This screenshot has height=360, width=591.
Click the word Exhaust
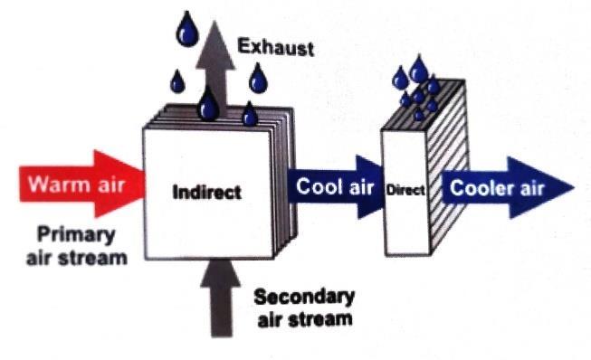tap(275, 47)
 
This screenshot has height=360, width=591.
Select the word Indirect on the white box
tap(206, 192)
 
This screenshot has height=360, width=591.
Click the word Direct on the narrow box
tap(405, 190)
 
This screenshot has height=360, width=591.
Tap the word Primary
tap(76, 235)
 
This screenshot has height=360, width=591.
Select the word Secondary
tap(304, 298)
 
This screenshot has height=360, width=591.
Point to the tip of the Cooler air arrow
tap(573, 187)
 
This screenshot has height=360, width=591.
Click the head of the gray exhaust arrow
tap(215, 44)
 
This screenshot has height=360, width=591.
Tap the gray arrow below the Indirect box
tap(221, 298)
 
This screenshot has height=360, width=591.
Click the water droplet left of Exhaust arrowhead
tap(187, 29)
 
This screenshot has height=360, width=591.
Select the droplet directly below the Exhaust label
tap(258, 79)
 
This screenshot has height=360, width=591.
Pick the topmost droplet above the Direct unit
tap(419, 69)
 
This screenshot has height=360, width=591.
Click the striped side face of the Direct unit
tap(448, 166)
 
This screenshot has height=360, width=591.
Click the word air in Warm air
tap(111, 185)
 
